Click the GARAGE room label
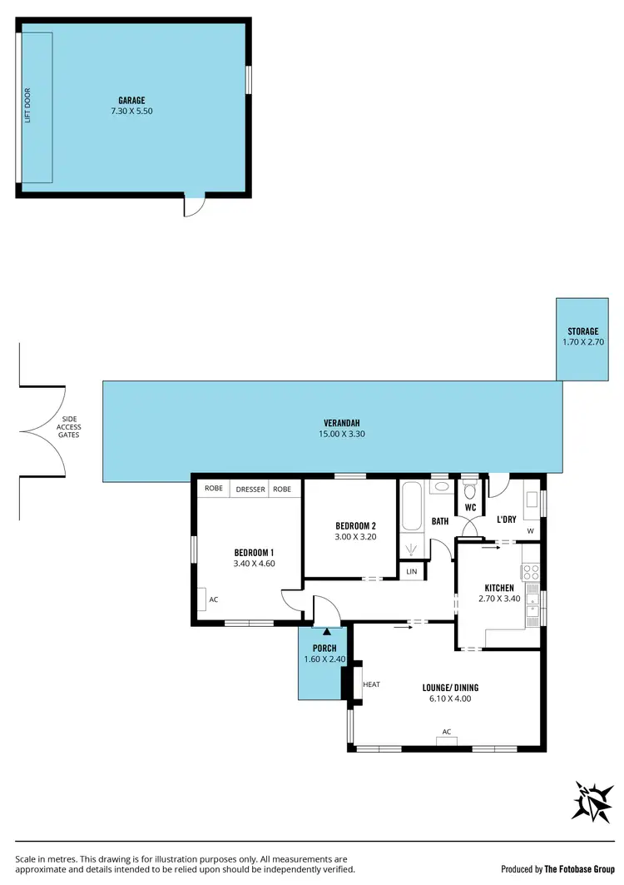click(131, 100)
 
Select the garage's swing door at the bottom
click(193, 205)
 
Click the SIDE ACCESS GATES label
click(68, 428)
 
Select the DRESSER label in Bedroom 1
click(250, 490)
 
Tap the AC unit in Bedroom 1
click(202, 599)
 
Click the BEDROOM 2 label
click(355, 525)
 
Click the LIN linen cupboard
click(411, 572)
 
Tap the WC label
click(469, 506)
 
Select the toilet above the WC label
click(469, 489)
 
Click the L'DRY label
click(506, 520)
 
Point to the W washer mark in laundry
click(530, 530)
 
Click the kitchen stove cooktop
click(530, 572)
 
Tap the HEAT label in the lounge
click(371, 684)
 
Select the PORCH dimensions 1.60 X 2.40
click(324, 659)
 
